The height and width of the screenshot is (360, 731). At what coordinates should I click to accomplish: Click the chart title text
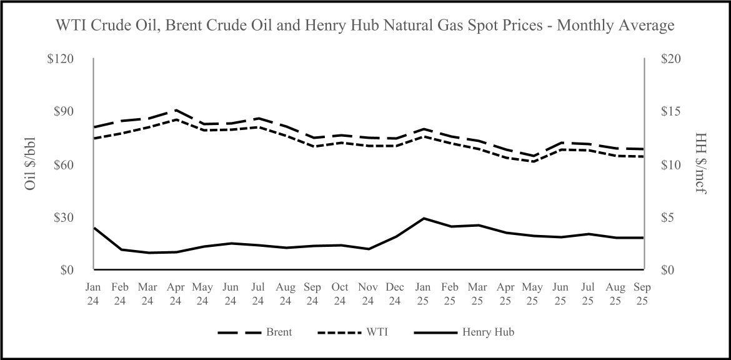tap(365, 26)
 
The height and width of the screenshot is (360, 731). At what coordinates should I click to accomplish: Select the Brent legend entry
tap(279, 332)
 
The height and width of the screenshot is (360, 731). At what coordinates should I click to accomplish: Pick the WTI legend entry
tap(377, 332)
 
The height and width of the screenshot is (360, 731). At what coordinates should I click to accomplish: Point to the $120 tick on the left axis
tap(61, 59)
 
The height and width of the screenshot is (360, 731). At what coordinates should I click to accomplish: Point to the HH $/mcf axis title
tap(702, 164)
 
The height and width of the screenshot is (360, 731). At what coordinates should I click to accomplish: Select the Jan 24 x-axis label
tap(93, 294)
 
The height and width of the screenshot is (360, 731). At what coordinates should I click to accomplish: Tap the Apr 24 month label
tap(176, 294)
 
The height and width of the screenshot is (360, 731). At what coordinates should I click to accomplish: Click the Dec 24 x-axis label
tap(395, 294)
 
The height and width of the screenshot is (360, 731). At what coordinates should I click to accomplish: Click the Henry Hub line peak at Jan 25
tap(424, 218)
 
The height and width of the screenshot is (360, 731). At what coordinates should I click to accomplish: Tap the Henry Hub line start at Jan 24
tap(94, 227)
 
